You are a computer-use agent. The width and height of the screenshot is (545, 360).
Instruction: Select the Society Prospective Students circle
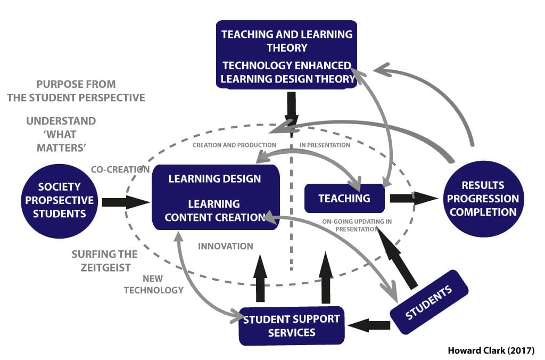pos(59,200)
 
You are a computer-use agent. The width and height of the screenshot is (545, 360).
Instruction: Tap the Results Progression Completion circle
pos(482,198)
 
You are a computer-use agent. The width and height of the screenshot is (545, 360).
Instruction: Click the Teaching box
pos(344,198)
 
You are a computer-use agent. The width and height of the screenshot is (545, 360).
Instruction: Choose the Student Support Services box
pos(291,325)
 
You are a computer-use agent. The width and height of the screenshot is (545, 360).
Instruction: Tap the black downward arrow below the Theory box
pos(291,109)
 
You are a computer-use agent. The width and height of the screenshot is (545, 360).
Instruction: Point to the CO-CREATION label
pos(120,169)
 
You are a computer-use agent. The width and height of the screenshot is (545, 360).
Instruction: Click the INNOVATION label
pos(225,246)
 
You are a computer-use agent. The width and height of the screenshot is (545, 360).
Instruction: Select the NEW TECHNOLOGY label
pos(154,284)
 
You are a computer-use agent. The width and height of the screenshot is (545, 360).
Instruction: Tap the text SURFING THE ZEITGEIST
pos(104,261)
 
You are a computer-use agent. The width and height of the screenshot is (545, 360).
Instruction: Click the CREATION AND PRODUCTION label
pos(234,145)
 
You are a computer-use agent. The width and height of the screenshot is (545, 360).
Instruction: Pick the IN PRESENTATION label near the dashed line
pos(325,145)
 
